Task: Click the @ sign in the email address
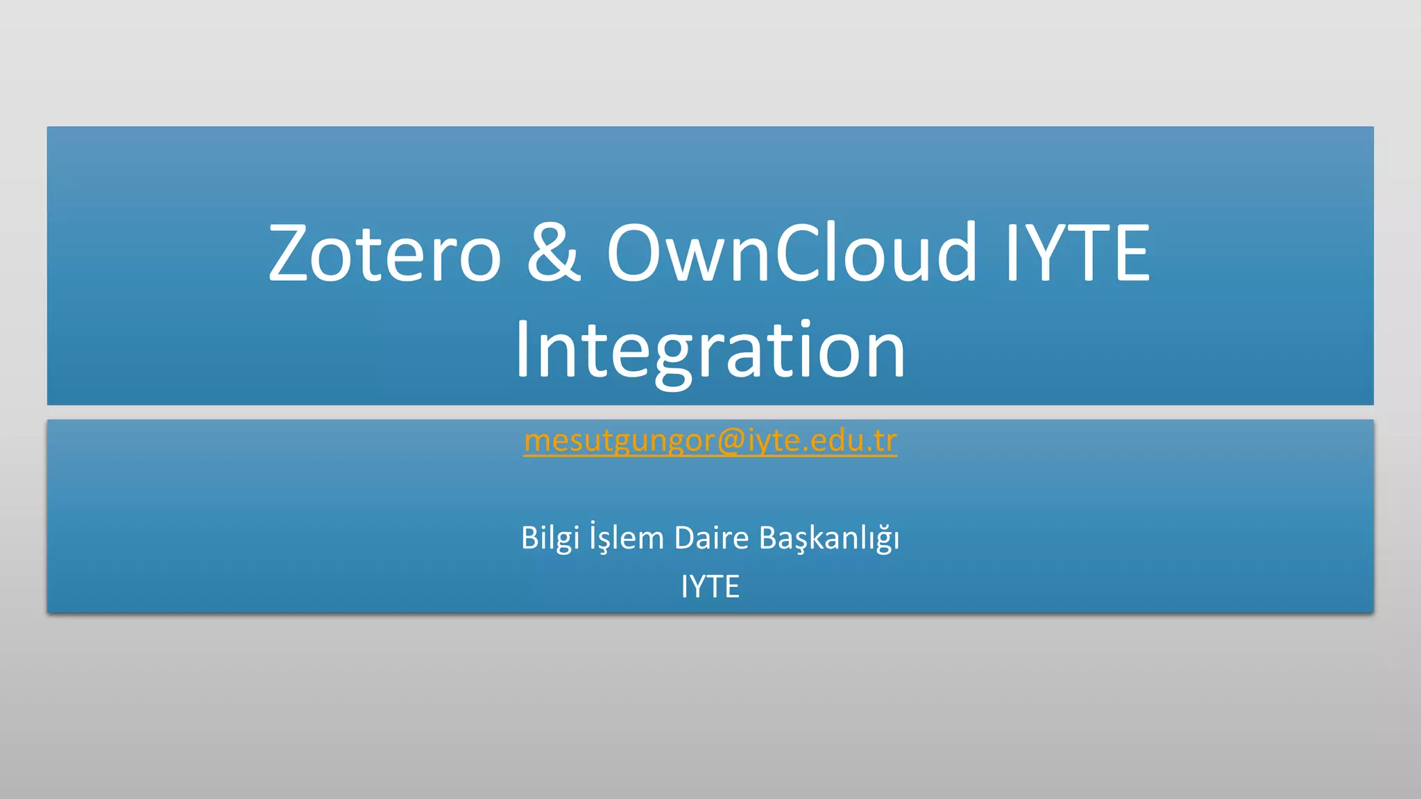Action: [731, 440]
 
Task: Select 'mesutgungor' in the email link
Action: [619, 440]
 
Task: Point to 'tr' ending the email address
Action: [885, 440]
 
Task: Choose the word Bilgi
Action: [550, 538]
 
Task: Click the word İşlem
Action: [627, 538]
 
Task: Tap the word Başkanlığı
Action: [828, 538]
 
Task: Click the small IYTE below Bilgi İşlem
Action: [710, 587]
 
